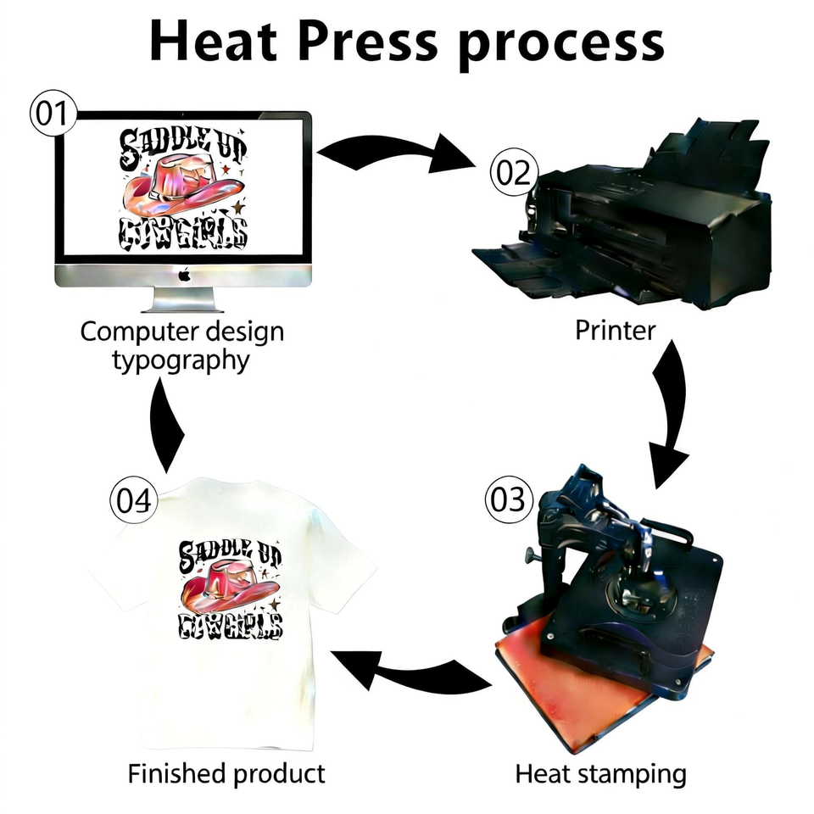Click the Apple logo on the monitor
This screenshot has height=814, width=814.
182,274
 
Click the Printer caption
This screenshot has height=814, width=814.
615,330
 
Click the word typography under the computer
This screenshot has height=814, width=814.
181,360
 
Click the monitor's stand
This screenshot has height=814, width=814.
182,299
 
